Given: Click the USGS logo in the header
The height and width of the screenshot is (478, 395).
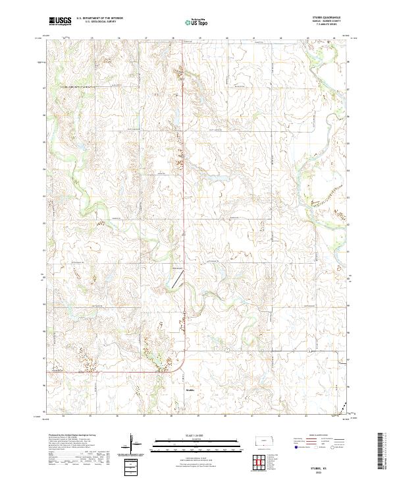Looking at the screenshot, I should [x=60, y=22].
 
